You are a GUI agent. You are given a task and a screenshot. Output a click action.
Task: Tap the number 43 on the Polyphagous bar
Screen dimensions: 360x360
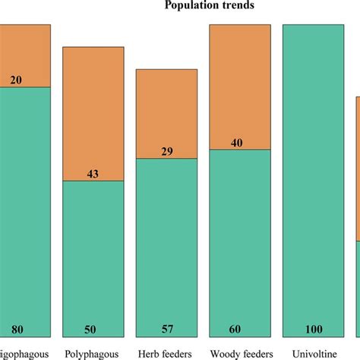click(x=93, y=174)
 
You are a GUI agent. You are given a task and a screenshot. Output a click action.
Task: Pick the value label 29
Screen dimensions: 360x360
click(x=166, y=152)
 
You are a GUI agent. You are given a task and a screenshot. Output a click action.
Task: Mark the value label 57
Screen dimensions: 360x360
click(x=166, y=329)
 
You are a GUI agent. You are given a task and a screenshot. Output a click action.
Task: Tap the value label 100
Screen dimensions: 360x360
click(x=313, y=329)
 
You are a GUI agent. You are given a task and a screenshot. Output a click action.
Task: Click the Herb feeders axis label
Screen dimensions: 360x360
click(x=166, y=352)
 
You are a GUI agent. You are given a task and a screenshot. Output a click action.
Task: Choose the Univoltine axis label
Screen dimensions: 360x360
click(x=313, y=352)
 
